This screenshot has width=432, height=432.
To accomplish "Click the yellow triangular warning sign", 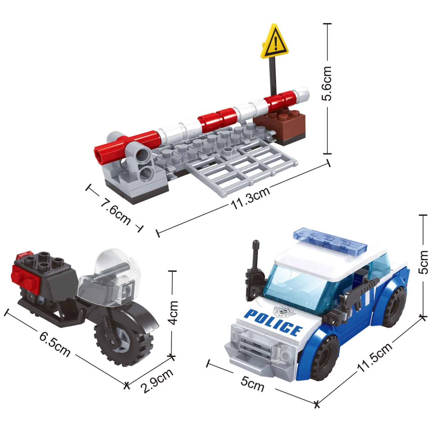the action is [x=274, y=42].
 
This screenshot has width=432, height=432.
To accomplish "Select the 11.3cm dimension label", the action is [x=251, y=198].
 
